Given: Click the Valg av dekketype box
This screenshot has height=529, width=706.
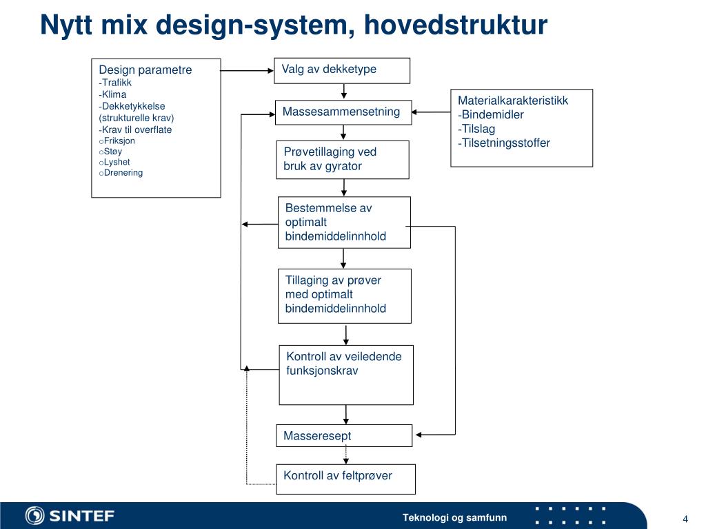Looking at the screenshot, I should pos(342,70).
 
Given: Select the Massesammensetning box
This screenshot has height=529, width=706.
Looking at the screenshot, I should pos(343,112).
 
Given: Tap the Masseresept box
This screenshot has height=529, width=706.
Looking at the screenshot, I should pos(344,435).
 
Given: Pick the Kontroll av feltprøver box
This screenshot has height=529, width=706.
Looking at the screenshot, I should pos(345,479).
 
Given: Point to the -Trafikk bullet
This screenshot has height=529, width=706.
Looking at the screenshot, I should pos(115,83).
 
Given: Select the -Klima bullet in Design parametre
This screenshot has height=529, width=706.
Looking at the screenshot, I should pos(113,94).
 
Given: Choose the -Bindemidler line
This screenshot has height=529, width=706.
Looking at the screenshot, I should pos(491,114).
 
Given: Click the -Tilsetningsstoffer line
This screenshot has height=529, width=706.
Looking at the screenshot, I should pos(504,143).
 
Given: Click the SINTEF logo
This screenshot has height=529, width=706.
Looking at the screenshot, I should pos(70,515).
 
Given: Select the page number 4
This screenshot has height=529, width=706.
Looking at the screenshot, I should pos(685,519).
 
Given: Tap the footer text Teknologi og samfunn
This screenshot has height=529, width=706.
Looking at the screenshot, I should pos(454,518).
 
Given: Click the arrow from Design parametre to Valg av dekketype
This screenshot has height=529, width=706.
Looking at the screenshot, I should pos(247,70).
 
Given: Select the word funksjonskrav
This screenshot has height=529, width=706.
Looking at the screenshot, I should pos(322,371).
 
